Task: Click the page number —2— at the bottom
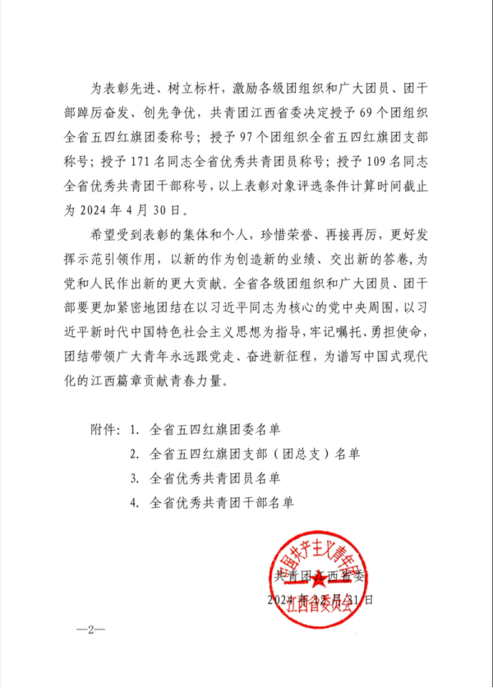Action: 89,630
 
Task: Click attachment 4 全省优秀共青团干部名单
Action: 222,501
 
